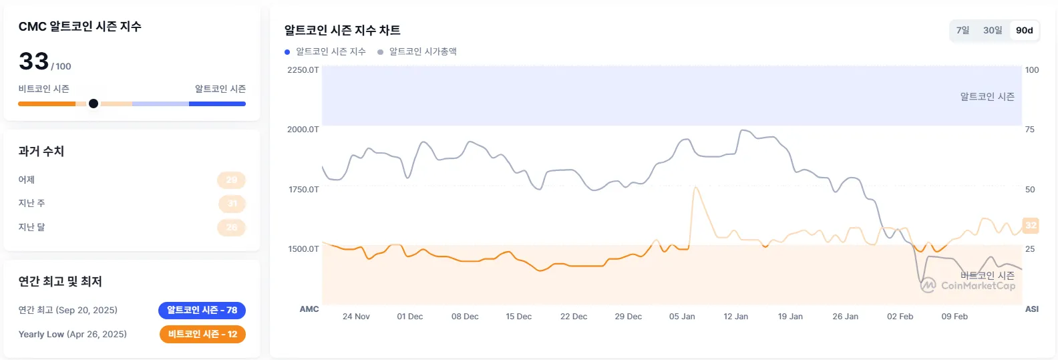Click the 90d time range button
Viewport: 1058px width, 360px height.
pyautogui.click(x=1024, y=30)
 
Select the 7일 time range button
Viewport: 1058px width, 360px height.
pyautogui.click(x=962, y=30)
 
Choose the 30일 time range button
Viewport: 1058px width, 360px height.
pyautogui.click(x=993, y=30)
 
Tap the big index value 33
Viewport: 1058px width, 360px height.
pyautogui.click(x=34, y=61)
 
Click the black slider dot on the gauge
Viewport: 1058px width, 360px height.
pyautogui.click(x=94, y=104)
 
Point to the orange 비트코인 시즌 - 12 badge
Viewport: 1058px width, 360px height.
pyautogui.click(x=202, y=334)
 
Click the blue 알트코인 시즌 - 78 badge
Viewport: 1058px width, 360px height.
pyautogui.click(x=202, y=310)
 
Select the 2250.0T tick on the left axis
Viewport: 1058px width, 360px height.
pyautogui.click(x=303, y=70)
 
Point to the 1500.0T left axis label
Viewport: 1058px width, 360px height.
pyautogui.click(x=303, y=249)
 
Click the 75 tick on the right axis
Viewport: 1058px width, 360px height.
pyautogui.click(x=1029, y=130)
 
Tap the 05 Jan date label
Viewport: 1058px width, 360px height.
pyautogui.click(x=682, y=317)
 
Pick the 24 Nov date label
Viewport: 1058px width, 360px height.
pyautogui.click(x=356, y=317)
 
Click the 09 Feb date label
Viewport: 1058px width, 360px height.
pyautogui.click(x=954, y=317)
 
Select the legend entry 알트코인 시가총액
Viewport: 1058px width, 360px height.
pyautogui.click(x=423, y=51)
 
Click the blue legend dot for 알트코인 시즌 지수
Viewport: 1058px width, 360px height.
pyautogui.click(x=287, y=52)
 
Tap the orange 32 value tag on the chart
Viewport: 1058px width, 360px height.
pyautogui.click(x=1031, y=225)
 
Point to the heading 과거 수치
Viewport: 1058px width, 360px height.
pyautogui.click(x=41, y=152)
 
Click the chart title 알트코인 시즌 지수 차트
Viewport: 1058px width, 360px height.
pyautogui.click(x=342, y=30)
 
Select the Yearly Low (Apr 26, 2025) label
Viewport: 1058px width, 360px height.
pyautogui.click(x=72, y=334)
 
